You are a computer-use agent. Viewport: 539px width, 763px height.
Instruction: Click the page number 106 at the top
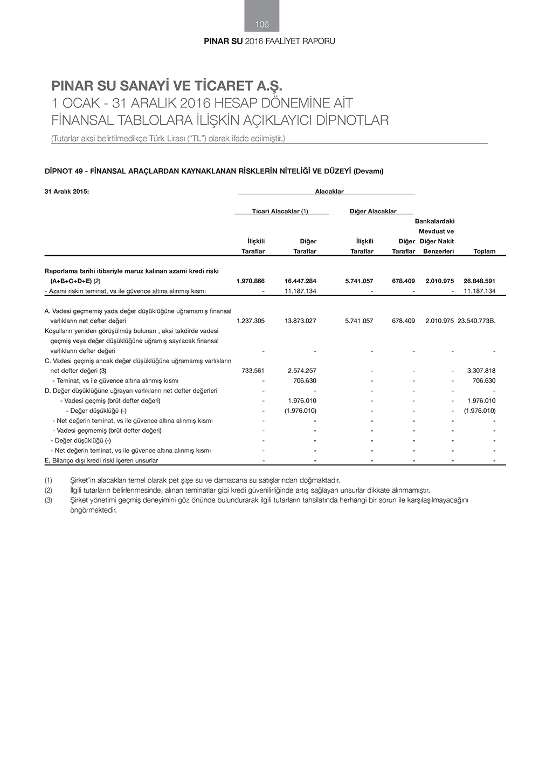coord(262,24)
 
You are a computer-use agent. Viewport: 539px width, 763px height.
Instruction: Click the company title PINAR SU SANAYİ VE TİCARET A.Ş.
coord(167,86)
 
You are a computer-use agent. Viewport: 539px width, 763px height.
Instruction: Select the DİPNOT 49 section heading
coord(213,171)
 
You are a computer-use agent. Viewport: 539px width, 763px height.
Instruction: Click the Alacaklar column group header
coord(329,191)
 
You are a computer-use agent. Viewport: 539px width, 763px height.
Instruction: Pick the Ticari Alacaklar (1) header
coord(280,211)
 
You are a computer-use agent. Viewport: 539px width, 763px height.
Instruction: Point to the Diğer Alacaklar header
coord(372,211)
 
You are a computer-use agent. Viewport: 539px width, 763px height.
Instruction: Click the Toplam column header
coord(484,251)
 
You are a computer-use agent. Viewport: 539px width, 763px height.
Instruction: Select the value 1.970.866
coord(250,281)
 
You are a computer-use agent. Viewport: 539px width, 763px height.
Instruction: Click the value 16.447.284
coord(300,281)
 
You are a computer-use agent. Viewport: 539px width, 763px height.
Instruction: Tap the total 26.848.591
coord(479,281)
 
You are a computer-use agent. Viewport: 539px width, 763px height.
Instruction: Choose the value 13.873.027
coord(300,321)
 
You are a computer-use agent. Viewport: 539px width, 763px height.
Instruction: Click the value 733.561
coord(251,371)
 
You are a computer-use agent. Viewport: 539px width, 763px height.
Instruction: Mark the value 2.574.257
coord(302,371)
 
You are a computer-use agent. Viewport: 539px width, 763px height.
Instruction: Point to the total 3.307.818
coord(481,371)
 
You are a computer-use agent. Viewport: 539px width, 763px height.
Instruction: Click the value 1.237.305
coord(250,321)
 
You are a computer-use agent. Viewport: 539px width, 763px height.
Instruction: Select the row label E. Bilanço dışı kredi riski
coord(101,460)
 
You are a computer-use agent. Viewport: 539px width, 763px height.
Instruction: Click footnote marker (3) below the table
coord(49,500)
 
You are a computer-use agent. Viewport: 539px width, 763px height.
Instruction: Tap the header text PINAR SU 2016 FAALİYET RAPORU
coord(269,41)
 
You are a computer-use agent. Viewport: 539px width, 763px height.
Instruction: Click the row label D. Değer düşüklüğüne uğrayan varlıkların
coord(130,391)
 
